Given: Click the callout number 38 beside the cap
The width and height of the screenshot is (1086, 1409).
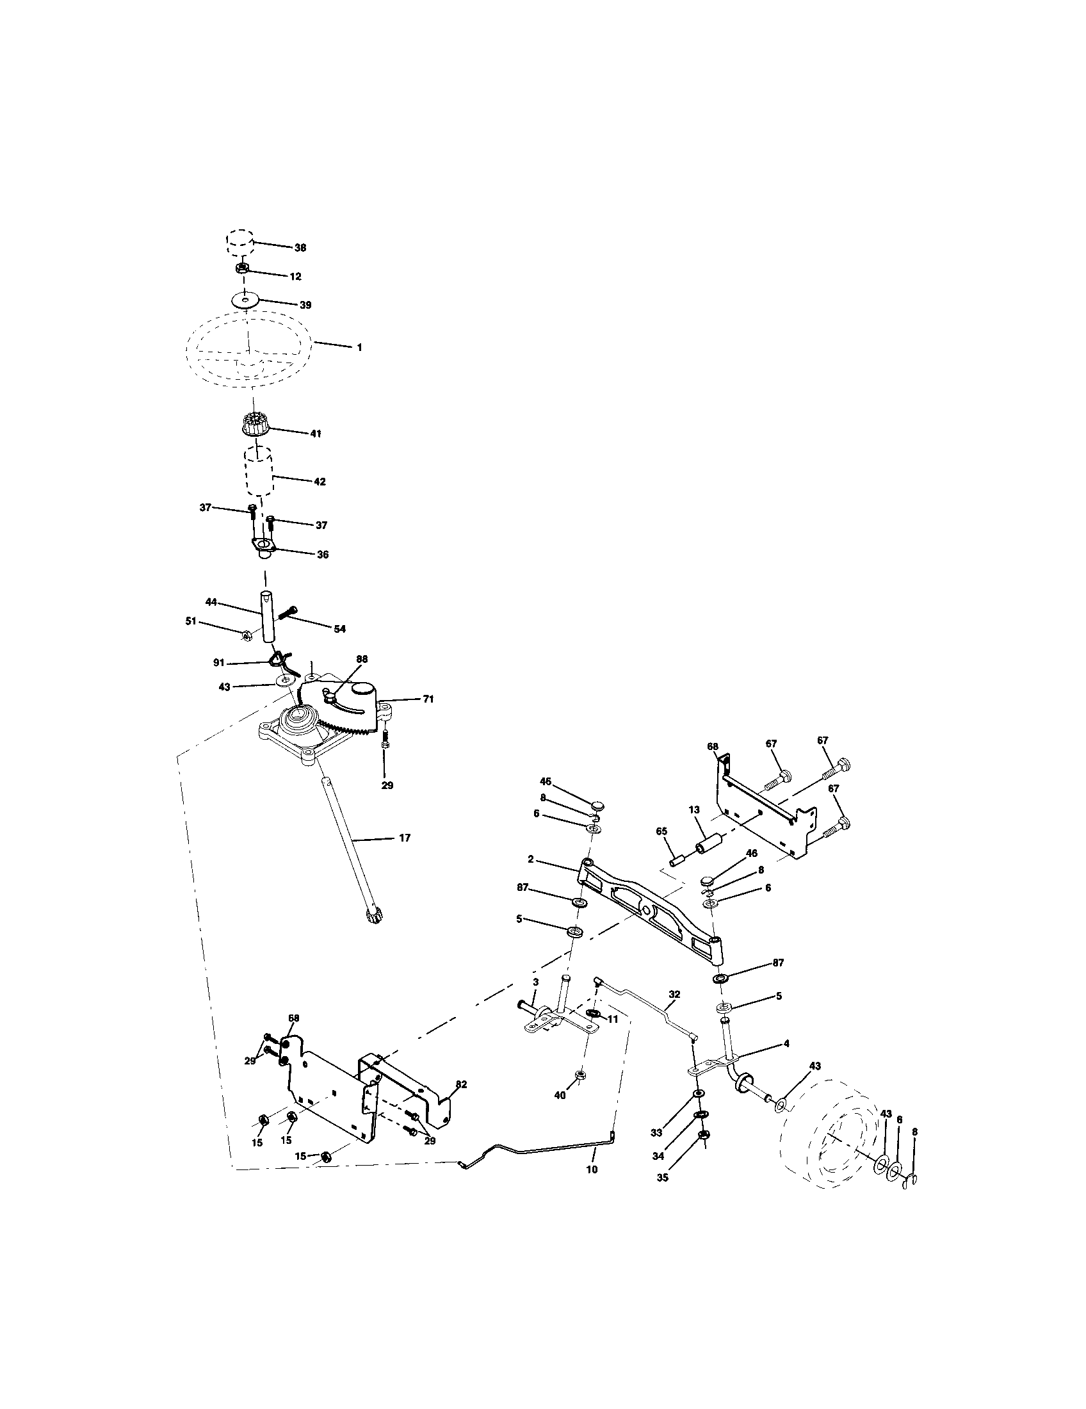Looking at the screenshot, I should [x=300, y=248].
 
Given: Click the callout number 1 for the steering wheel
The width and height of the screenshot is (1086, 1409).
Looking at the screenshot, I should [x=359, y=347].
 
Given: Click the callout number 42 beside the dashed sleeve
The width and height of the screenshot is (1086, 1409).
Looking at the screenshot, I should [x=320, y=481].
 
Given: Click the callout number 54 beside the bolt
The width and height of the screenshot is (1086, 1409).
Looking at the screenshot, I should [x=339, y=628].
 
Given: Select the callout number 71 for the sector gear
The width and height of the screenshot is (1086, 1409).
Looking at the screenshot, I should [x=428, y=699].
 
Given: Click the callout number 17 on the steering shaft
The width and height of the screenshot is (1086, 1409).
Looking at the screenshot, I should [x=404, y=838].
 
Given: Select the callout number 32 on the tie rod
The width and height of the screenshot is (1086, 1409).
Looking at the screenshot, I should [x=674, y=994].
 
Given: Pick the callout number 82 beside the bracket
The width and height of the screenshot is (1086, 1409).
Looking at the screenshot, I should [x=460, y=1084].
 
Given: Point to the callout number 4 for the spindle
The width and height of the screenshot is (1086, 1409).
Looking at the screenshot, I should [x=786, y=1043].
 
